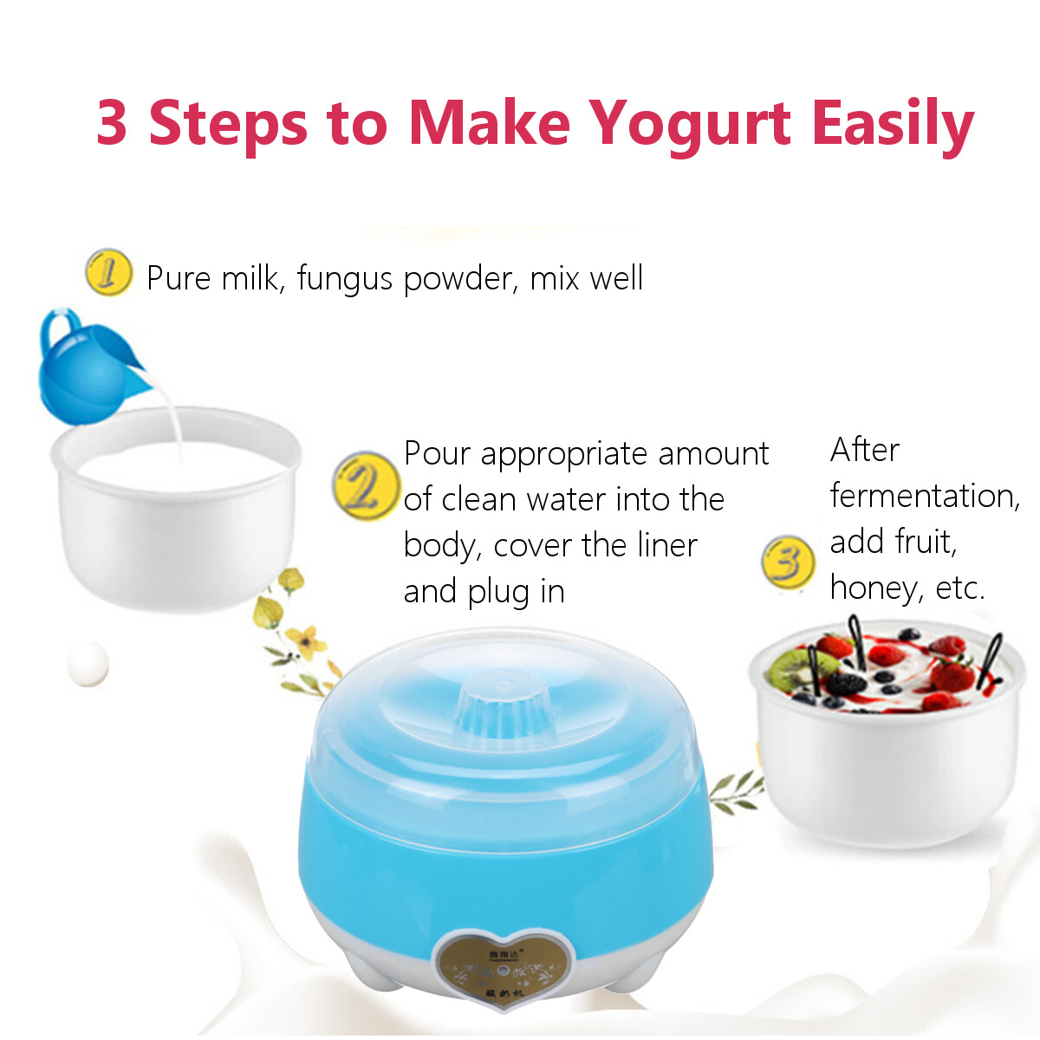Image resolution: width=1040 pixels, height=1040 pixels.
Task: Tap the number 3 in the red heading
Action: (x=113, y=122)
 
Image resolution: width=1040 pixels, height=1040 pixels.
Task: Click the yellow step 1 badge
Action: (x=108, y=272)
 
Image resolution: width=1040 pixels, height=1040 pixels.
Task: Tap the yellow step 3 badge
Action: (x=788, y=561)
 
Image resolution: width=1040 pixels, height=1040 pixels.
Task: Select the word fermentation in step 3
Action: (x=924, y=496)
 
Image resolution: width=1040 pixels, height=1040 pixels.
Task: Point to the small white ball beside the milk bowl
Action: (x=88, y=664)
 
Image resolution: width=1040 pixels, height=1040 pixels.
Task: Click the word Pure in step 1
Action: (x=179, y=279)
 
